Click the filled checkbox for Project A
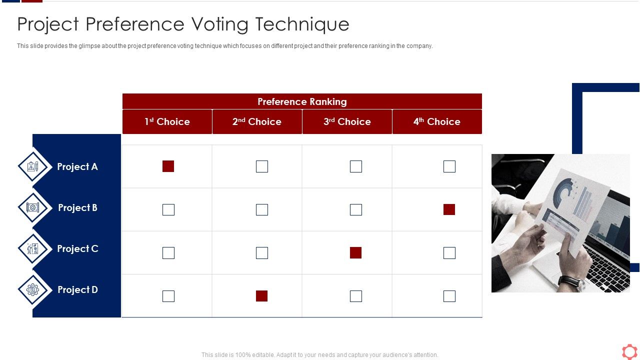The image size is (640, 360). (x=168, y=166)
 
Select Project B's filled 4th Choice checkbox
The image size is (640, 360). (x=449, y=209)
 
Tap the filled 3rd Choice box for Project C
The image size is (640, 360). (x=355, y=253)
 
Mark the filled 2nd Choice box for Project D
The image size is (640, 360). (x=261, y=296)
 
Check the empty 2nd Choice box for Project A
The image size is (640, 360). (x=261, y=166)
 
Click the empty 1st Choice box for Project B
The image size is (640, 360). (x=168, y=209)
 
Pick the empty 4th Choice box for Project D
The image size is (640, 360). (x=449, y=296)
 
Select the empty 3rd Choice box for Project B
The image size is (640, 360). (x=355, y=209)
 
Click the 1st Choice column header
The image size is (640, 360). (x=167, y=121)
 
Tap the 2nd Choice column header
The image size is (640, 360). (x=257, y=121)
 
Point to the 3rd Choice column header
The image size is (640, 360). (x=347, y=121)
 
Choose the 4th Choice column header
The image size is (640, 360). (x=437, y=121)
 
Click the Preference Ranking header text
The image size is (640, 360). (x=302, y=101)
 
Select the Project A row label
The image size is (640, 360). (x=77, y=166)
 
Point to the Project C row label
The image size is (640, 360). (x=77, y=248)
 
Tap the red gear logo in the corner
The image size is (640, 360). (x=629, y=351)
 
